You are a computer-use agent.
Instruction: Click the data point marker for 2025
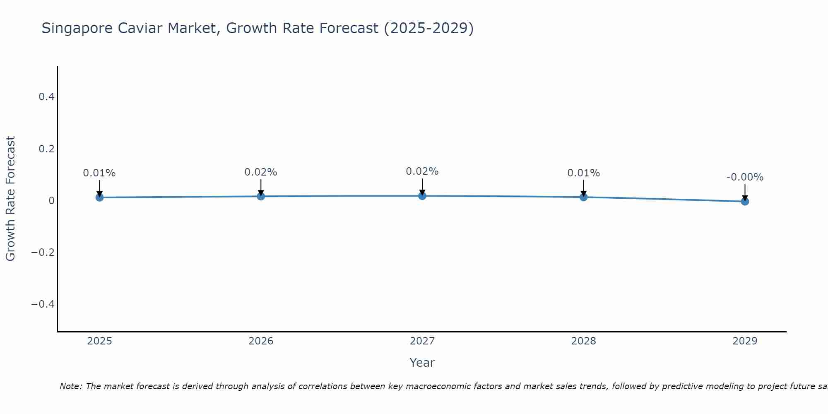click(99, 197)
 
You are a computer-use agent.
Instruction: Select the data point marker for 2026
click(261, 196)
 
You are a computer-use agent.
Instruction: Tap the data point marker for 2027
click(422, 196)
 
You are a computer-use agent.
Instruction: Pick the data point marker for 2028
click(583, 197)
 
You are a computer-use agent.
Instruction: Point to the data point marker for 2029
click(745, 202)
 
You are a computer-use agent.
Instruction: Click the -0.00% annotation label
click(745, 177)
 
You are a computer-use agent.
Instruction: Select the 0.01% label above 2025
click(99, 173)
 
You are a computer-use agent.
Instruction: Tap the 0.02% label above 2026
click(261, 172)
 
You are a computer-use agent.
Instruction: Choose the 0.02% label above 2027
click(422, 171)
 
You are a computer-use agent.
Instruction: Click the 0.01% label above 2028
click(583, 173)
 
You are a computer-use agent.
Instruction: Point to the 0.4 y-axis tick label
click(46, 97)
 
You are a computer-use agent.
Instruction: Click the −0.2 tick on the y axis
click(43, 253)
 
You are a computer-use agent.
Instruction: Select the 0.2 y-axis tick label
click(46, 149)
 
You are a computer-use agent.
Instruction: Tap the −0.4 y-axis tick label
click(43, 304)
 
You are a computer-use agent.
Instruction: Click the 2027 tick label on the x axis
click(422, 341)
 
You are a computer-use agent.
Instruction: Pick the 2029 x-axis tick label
click(745, 341)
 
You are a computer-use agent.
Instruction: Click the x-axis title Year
click(422, 363)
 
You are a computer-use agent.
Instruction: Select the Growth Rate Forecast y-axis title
click(11, 198)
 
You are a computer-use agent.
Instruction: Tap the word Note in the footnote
click(70, 386)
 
